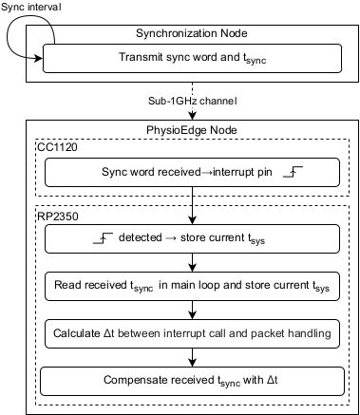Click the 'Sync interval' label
coord(31,8)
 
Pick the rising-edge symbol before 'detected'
coord(102,237)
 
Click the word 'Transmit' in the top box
coord(142,59)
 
